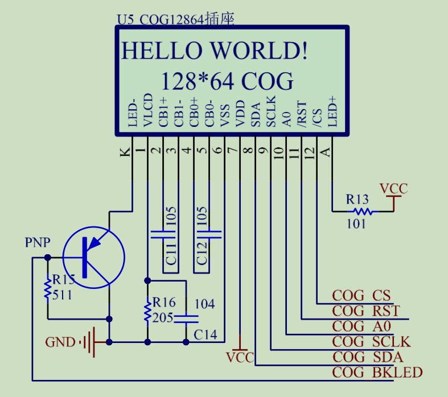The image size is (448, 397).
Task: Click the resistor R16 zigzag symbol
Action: coord(147,311)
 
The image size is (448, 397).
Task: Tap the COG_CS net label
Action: coord(361,295)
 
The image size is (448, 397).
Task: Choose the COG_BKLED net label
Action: coord(377,373)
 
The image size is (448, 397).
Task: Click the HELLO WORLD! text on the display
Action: coord(215,51)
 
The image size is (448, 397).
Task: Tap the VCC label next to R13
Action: coord(393,189)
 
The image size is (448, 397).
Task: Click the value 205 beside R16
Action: coord(163,317)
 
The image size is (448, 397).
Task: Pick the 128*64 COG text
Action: coord(227,81)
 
